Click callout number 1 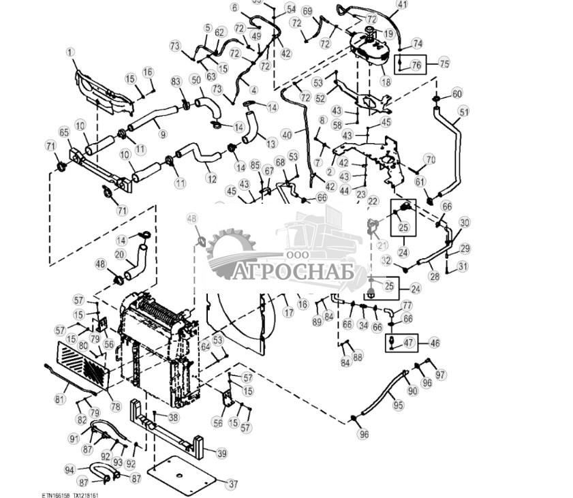(69, 52)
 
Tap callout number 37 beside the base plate (233, 484)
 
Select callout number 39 (221, 453)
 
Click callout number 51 (464, 112)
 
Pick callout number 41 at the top (402, 5)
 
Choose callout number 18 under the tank (386, 82)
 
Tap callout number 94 (69, 469)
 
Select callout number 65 (65, 132)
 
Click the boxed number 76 (416, 65)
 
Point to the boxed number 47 (409, 343)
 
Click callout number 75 (444, 63)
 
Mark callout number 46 (434, 343)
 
